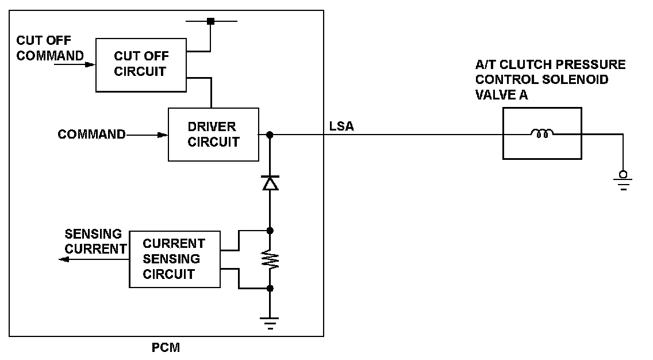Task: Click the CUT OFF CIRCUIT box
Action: coord(140,64)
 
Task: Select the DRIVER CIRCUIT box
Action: coord(213,135)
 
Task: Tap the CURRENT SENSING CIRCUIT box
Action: coord(174,259)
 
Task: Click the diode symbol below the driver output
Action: coord(270,182)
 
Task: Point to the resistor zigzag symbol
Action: coord(270,259)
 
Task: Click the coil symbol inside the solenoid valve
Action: coord(541,134)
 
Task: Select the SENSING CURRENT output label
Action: coord(94,242)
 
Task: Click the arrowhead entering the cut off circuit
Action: coord(90,64)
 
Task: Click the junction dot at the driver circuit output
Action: coord(270,135)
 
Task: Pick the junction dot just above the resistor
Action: coord(270,231)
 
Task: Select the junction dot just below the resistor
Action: coord(270,288)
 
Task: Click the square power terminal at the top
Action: coord(210,21)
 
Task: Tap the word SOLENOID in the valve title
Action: coord(579,80)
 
